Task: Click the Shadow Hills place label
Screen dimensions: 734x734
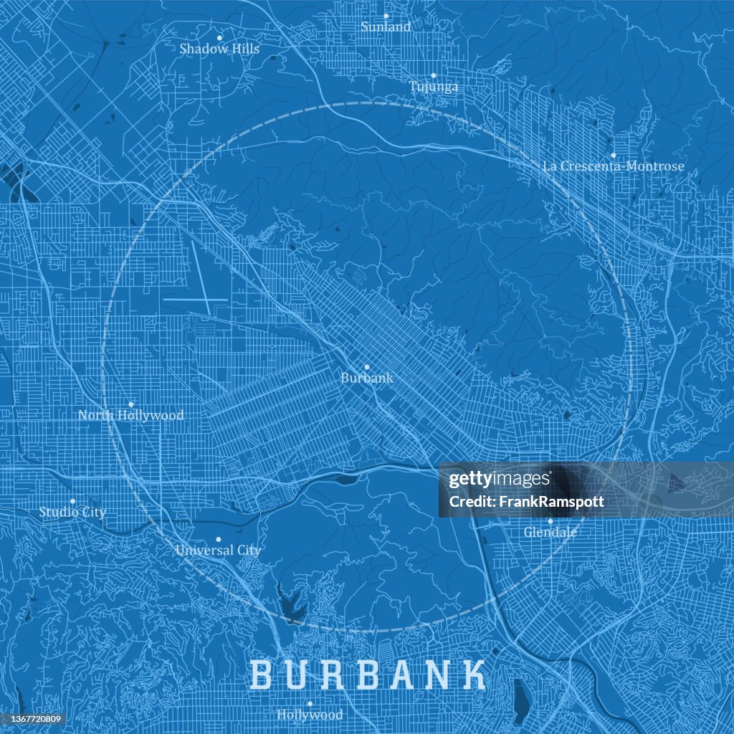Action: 219,49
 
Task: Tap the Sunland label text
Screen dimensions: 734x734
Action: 386,27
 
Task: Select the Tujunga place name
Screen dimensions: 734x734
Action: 434,87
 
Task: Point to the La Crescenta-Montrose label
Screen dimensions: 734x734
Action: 613,166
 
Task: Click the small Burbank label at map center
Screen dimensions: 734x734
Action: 366,378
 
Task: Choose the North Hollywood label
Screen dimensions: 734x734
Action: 130,415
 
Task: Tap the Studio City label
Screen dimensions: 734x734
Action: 72,513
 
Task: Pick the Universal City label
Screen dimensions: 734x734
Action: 218,550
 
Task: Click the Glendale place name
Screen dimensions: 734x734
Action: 550,533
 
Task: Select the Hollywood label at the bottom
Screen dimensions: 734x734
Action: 310,715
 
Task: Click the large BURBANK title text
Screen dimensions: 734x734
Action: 368,675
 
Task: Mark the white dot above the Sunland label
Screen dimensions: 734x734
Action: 386,15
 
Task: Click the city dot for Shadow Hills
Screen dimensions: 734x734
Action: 219,37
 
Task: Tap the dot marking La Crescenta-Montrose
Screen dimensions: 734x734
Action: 613,155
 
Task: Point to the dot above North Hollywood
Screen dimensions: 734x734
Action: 130,404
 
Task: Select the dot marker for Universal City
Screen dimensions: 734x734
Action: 219,539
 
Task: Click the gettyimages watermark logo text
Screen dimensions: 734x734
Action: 499,480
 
